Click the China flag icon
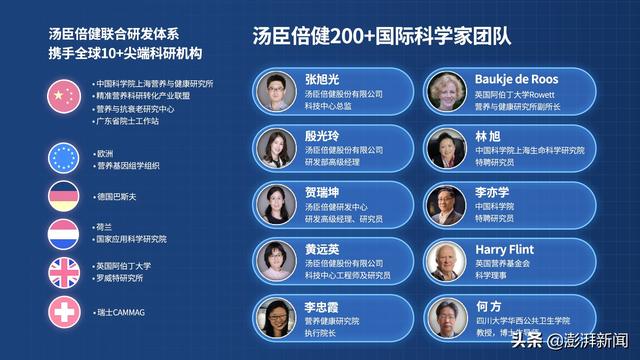[x=63, y=96]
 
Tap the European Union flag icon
[x=63, y=158]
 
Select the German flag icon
[x=63, y=196]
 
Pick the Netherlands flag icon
[x=63, y=234]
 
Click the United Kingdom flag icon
[x=63, y=272]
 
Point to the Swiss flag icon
[x=63, y=312]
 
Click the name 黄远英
[x=321, y=249]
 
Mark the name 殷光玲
[x=321, y=135]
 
